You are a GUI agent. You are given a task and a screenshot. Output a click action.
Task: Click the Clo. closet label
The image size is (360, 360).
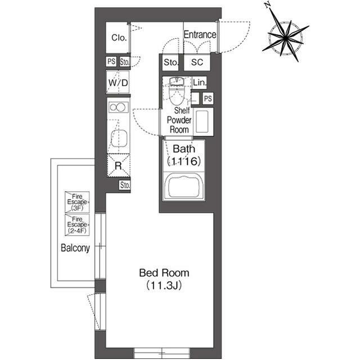tap(119, 38)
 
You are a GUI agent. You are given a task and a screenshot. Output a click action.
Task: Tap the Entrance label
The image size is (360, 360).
tap(200, 35)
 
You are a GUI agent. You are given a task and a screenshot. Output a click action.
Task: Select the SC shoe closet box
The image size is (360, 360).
tap(197, 62)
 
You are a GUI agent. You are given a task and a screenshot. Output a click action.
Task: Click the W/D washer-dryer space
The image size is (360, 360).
tap(118, 83)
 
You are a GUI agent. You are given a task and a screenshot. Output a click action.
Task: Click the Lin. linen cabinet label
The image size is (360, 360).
tap(200, 83)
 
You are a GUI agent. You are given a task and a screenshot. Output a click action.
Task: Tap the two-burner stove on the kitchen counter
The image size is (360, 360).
tap(119, 107)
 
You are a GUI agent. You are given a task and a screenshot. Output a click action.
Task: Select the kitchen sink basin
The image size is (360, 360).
tap(119, 138)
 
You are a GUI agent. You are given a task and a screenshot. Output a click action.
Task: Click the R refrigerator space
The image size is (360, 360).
tap(119, 165)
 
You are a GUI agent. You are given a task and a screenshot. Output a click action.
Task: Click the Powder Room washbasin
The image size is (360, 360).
tap(202, 121)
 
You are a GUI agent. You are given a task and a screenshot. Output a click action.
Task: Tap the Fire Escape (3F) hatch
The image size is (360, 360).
tap(77, 202)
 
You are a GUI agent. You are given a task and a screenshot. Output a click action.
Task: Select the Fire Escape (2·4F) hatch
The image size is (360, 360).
tap(77, 225)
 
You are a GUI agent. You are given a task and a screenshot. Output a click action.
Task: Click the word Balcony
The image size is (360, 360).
tap(75, 248)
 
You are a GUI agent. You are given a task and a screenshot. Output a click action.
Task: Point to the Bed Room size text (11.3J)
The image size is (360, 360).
tap(164, 285)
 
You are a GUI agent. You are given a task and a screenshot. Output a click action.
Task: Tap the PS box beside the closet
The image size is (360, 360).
tap(111, 62)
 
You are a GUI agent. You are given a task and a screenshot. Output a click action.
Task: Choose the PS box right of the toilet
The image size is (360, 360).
tap(208, 99)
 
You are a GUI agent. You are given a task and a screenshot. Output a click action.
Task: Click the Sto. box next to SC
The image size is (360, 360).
tap(171, 62)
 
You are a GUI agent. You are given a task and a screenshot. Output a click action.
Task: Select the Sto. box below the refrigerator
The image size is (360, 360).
tap(125, 185)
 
